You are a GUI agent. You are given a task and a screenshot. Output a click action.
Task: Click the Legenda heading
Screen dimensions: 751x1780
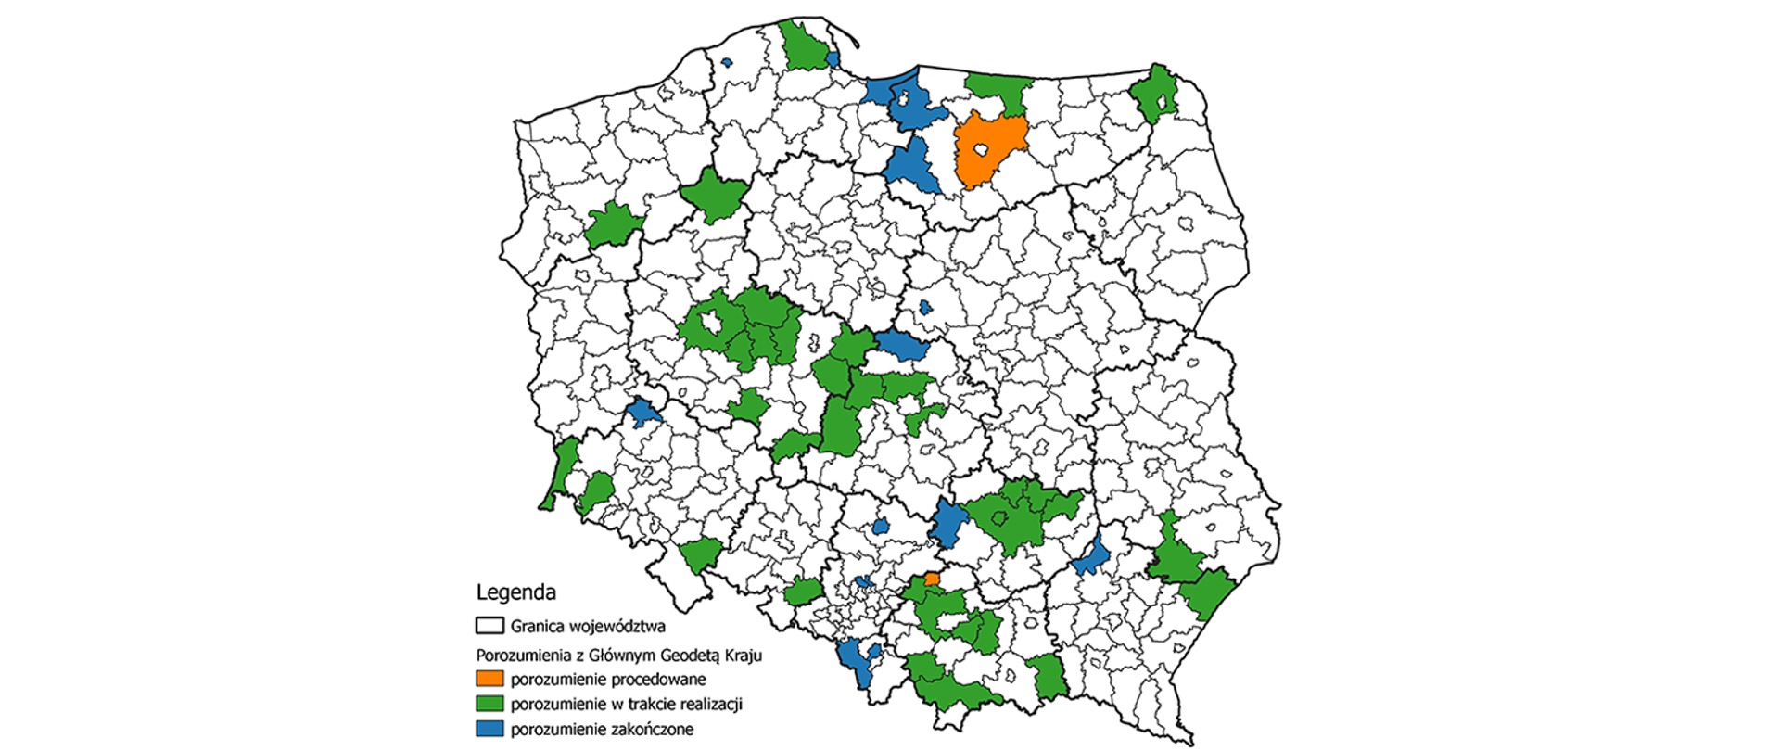[x=515, y=592]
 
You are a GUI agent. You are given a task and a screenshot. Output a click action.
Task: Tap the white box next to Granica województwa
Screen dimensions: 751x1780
[x=489, y=626]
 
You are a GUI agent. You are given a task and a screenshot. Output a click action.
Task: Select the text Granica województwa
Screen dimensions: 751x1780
[x=588, y=626]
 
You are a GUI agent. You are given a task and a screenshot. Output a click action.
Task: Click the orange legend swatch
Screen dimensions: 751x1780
[x=489, y=679]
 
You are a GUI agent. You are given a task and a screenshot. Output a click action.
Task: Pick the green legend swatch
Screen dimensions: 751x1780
[x=489, y=704]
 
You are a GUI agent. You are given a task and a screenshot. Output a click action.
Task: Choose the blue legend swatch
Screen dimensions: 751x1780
[x=489, y=729]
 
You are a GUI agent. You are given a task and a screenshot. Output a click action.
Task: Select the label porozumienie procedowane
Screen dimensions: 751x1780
[x=607, y=679]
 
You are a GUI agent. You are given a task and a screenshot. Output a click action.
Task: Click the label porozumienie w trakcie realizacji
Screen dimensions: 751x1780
[x=626, y=704]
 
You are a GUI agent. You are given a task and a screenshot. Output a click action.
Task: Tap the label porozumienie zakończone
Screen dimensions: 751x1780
[x=602, y=729]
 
